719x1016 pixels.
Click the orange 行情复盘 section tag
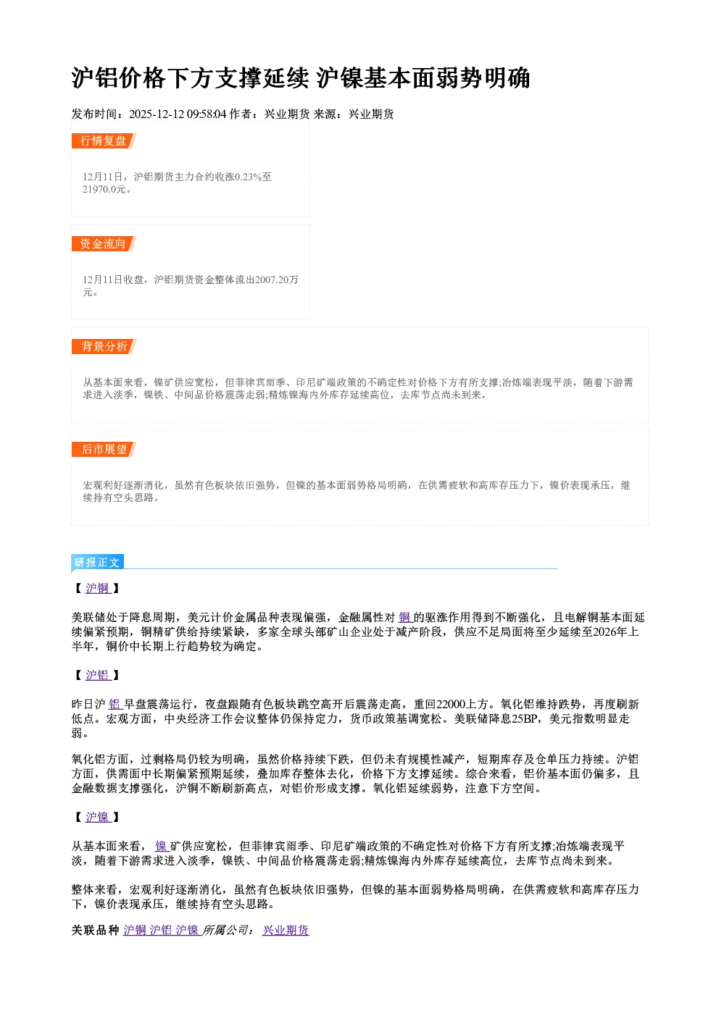click(104, 140)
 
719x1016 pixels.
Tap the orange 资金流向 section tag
click(104, 243)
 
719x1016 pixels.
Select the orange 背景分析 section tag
click(104, 347)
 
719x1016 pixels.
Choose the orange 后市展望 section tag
click(104, 450)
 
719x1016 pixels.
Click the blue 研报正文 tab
click(98, 563)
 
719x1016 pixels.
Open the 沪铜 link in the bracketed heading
click(98, 588)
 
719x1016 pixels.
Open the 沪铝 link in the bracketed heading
click(98, 676)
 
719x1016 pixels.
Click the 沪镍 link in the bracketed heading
click(98, 818)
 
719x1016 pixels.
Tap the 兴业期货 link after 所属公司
click(286, 931)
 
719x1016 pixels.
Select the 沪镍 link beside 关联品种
click(188, 931)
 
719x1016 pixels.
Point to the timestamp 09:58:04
click(207, 114)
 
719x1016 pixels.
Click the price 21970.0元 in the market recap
click(104, 190)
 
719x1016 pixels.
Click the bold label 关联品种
click(96, 931)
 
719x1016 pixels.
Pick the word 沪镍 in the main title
click(339, 78)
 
